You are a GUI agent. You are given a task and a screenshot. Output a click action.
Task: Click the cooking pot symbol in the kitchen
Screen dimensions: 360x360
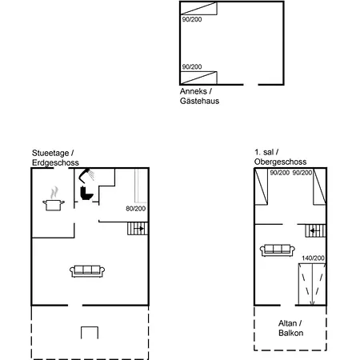pos(54,205)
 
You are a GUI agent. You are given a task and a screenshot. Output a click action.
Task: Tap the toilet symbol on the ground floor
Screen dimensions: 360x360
pos(86,194)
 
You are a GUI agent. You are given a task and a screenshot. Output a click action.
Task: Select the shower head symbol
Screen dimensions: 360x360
pos(86,175)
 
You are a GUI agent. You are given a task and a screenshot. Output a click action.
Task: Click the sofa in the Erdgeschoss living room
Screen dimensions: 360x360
pos(87,271)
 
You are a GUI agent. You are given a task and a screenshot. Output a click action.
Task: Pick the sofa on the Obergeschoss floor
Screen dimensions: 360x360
pos(278,250)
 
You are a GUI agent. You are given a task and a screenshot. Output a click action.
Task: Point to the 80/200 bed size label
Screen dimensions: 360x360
pos(136,209)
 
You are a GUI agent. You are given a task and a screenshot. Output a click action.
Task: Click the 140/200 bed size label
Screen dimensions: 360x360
pos(313,258)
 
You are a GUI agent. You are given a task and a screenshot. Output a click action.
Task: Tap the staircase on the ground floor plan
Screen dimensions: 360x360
pos(138,229)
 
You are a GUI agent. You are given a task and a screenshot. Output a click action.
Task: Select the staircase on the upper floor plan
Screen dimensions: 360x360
pos(315,230)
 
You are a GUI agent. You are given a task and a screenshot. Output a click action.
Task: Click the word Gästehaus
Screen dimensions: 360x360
pos(199,101)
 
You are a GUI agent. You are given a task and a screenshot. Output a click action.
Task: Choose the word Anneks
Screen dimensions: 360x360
pos(194,91)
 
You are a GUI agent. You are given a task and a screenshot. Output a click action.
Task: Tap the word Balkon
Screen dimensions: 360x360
pos(290,333)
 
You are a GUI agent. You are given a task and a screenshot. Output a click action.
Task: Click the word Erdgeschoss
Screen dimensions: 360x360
pos(55,162)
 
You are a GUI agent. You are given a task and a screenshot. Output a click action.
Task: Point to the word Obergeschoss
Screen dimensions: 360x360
pos(280,162)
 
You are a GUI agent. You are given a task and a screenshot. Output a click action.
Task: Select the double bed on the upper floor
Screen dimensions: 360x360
pos(312,284)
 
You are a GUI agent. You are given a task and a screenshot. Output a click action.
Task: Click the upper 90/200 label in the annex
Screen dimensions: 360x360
pos(192,19)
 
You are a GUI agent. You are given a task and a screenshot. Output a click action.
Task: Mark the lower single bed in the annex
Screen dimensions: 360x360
pos(198,78)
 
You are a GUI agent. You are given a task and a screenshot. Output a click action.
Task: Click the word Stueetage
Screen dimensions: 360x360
pos(50,153)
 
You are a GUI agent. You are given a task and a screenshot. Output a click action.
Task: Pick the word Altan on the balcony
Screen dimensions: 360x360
pos(287,323)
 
